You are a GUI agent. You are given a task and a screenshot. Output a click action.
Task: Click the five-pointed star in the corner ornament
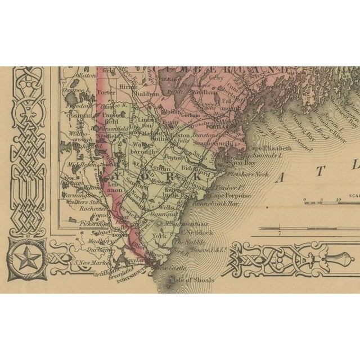click(24, 260)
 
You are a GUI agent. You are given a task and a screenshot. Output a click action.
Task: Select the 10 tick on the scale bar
click(339, 199)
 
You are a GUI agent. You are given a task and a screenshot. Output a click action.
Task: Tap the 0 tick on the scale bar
click(304, 199)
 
